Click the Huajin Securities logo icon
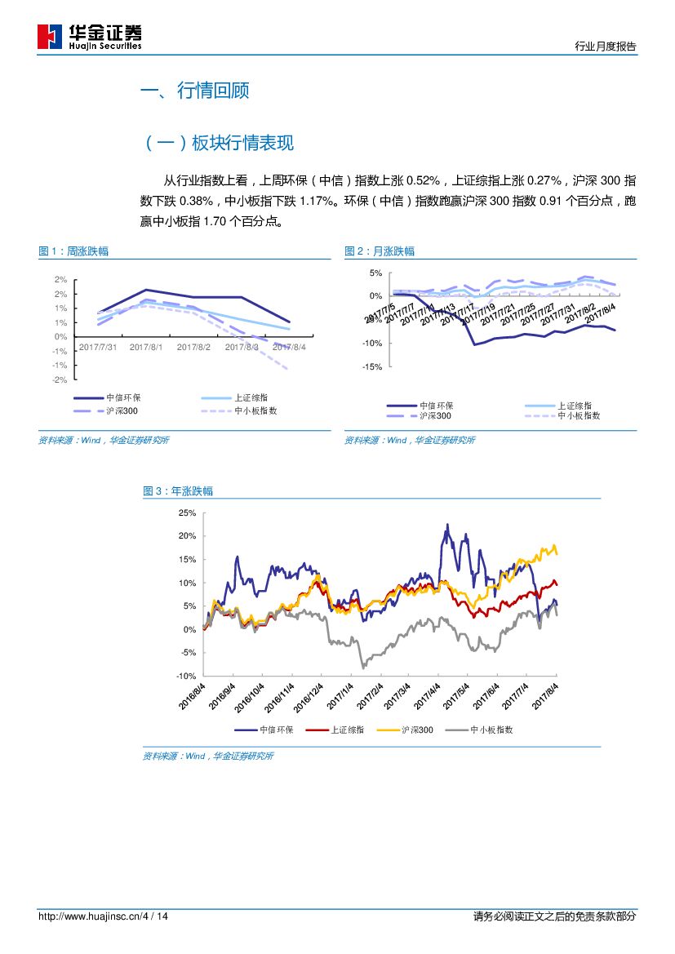50,37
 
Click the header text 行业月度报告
605,47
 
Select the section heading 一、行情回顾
195,91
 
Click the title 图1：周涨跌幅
73,251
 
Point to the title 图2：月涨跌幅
380,251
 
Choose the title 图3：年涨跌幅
178,491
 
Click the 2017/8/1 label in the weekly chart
146,347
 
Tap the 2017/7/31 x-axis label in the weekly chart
97,347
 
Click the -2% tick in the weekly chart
60,380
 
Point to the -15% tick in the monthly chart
371,367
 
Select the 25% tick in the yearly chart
187,512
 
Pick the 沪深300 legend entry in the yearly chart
417,730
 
